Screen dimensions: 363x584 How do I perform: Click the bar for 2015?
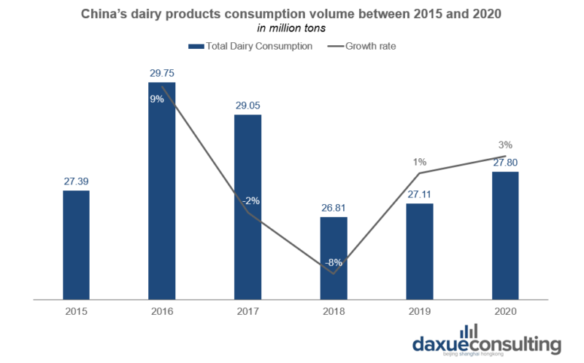tap(76, 244)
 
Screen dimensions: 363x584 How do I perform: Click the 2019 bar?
tap(420, 251)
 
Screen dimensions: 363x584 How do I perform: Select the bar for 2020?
tap(505, 235)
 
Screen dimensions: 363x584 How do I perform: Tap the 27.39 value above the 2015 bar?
tap(76, 180)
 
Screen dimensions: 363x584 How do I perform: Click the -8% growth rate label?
tap(334, 262)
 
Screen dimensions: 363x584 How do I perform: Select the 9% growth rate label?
tap(156, 100)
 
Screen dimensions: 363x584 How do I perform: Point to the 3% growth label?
tap(506, 144)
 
